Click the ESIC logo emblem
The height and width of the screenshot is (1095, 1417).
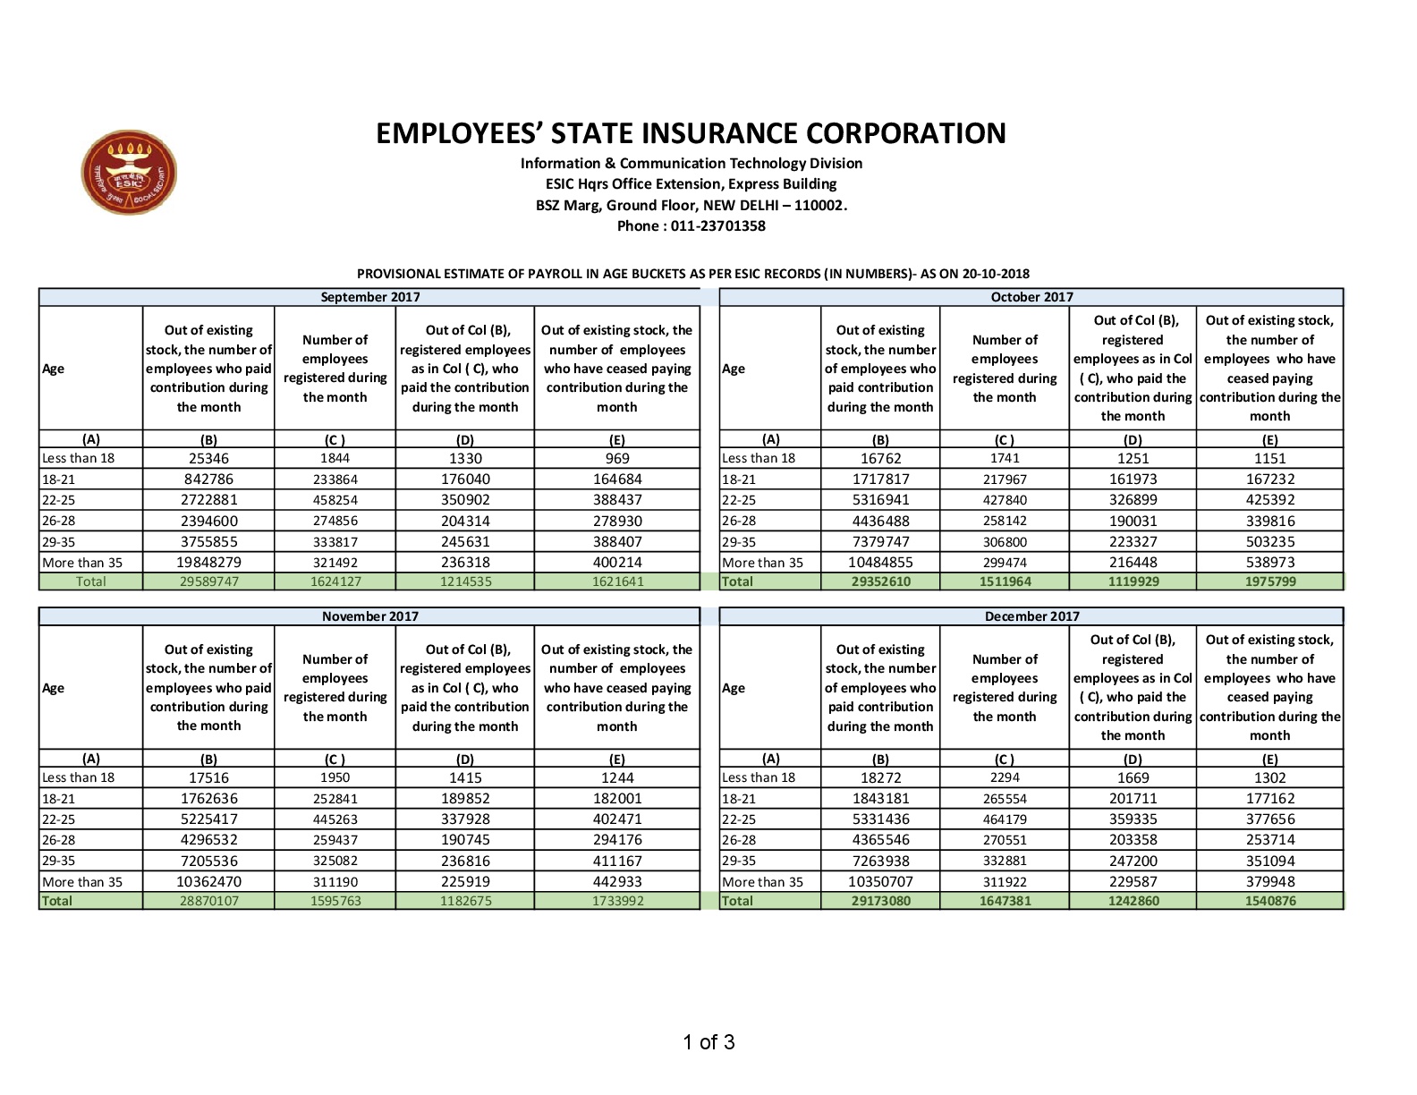(129, 173)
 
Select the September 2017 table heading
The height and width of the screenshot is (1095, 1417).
(369, 297)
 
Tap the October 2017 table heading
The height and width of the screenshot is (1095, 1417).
(1031, 297)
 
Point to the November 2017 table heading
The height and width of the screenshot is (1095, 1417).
(369, 616)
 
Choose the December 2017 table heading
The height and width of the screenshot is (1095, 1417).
(1031, 616)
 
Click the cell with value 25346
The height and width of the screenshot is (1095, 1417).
(208, 458)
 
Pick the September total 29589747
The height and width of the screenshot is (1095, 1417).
(208, 581)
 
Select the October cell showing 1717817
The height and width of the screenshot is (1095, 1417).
(880, 480)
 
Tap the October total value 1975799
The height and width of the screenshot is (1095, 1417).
(1269, 581)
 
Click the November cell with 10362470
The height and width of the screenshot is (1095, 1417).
(208, 882)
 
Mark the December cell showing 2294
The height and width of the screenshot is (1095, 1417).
(1005, 777)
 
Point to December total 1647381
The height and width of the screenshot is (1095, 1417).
(1005, 901)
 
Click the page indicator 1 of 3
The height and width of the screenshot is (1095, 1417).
(708, 1042)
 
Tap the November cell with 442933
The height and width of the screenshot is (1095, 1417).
(617, 882)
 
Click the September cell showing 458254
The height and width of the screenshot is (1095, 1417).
(335, 500)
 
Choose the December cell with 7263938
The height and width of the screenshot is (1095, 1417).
(880, 861)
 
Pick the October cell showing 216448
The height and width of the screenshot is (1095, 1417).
(1133, 563)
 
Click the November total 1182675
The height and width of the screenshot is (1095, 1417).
(465, 901)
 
